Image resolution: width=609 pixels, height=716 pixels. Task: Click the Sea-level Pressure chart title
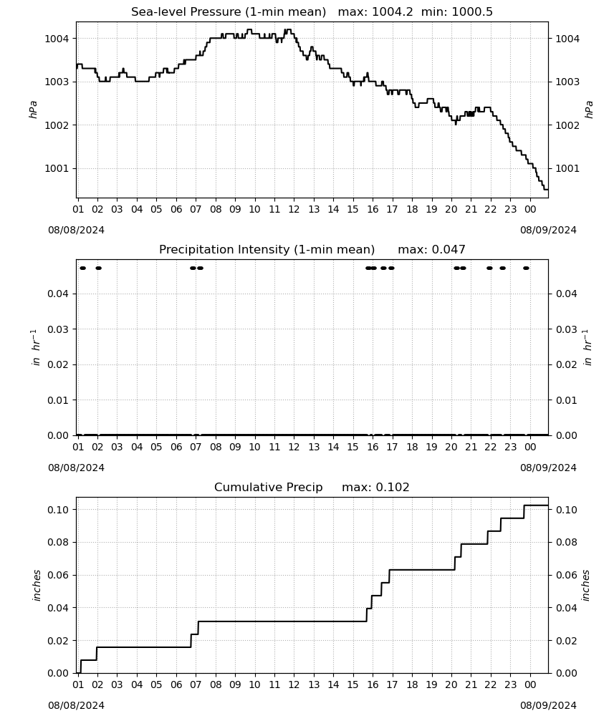[229, 12]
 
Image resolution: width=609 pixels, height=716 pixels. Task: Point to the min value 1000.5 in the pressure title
[472, 12]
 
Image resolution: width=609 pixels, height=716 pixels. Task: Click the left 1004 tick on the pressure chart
[57, 39]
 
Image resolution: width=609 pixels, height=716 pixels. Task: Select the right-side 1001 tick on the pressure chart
[567, 168]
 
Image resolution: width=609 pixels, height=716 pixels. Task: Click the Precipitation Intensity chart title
[267, 250]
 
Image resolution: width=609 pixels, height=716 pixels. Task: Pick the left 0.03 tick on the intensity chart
[58, 329]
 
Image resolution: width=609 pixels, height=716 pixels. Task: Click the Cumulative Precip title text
[268, 487]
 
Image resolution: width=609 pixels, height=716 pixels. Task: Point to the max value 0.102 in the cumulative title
[393, 487]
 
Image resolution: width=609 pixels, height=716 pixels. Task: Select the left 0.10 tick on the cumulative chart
[58, 510]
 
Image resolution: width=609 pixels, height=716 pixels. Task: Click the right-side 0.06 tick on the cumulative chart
[567, 575]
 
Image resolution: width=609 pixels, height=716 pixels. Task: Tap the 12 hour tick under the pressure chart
[294, 209]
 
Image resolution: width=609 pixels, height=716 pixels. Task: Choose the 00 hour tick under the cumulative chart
[530, 684]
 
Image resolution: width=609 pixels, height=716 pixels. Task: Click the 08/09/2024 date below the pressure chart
[548, 230]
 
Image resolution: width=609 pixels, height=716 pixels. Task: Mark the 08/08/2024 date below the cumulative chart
[76, 705]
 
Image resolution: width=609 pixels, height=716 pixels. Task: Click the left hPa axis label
[34, 110]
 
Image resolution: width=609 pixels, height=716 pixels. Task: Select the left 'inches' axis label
[37, 586]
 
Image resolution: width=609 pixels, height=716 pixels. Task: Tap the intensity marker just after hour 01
[82, 268]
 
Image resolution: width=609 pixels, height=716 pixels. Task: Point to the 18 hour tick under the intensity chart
[412, 447]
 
